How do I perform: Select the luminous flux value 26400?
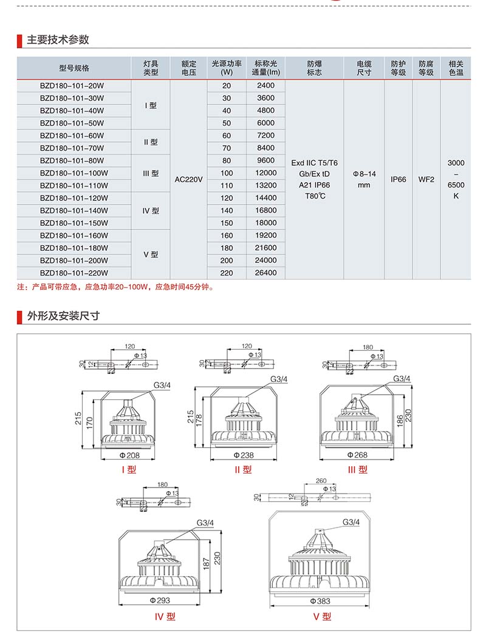[x=265, y=273]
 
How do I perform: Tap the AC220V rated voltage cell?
[x=188, y=180]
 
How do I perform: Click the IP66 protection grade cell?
[x=399, y=180]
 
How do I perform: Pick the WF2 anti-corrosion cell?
[x=426, y=180]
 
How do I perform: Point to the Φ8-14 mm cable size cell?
[x=364, y=179]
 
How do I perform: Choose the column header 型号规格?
[x=74, y=68]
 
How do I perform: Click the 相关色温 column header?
[x=456, y=68]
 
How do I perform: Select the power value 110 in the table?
[x=227, y=185]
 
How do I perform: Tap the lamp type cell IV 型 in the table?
[x=151, y=211]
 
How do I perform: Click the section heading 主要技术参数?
[x=58, y=39]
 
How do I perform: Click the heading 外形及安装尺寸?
[x=63, y=316]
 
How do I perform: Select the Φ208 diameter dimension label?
[x=129, y=455]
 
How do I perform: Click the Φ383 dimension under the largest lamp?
[x=320, y=600]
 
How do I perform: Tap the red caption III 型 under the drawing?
[x=358, y=469]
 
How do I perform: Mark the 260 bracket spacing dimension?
[x=321, y=481]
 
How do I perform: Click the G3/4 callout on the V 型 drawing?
[x=351, y=522]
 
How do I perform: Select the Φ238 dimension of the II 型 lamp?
[x=242, y=455]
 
